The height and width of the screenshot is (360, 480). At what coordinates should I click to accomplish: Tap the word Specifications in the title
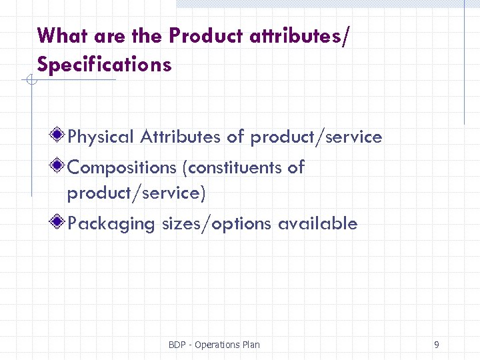coord(105,65)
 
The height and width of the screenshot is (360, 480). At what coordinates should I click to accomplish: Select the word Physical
coord(101,137)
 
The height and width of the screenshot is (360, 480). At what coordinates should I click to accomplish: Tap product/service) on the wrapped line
coord(137,193)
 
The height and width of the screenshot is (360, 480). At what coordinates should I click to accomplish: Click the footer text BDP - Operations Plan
coord(214,345)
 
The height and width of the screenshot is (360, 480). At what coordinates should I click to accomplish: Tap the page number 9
coord(436,345)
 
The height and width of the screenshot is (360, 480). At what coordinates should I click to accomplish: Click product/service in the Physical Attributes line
coord(316,137)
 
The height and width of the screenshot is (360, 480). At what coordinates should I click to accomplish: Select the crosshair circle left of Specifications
coord(30,81)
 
